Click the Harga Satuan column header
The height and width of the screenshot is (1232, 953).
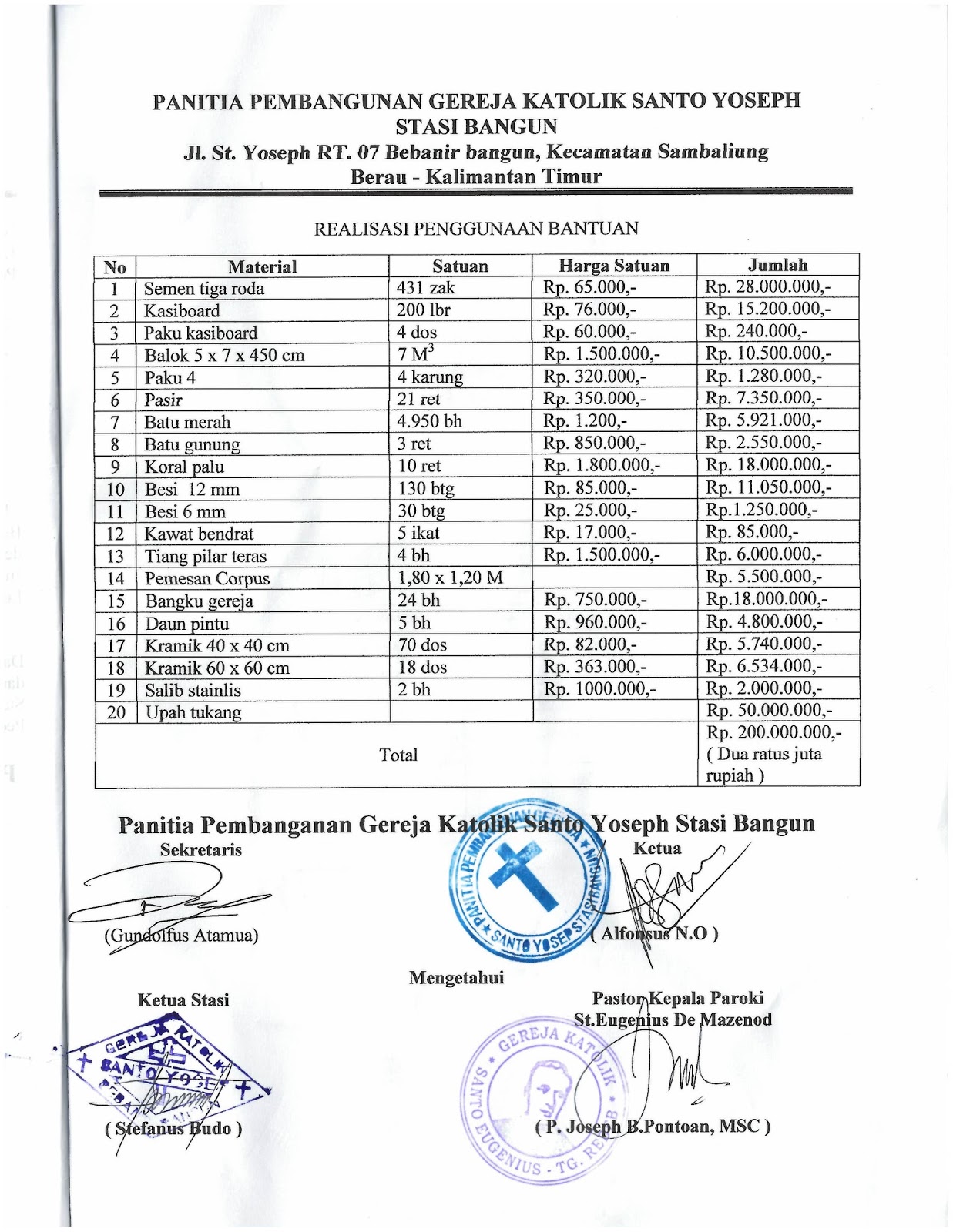click(x=613, y=266)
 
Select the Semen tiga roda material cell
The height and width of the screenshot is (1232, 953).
click(x=204, y=289)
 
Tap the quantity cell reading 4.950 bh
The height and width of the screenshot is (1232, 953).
click(x=429, y=421)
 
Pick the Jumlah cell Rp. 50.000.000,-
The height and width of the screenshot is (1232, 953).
click(x=769, y=710)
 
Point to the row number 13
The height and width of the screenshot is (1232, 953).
click(x=116, y=556)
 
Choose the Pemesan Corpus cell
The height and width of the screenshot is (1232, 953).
click(x=207, y=578)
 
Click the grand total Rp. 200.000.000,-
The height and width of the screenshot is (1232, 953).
click(x=773, y=732)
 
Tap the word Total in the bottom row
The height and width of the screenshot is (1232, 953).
click(x=398, y=755)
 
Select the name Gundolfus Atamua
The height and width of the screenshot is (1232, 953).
click(x=181, y=936)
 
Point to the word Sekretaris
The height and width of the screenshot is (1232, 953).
click(x=200, y=850)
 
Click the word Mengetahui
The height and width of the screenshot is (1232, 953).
click(x=456, y=978)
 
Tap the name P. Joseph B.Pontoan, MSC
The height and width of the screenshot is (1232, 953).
click(x=653, y=1127)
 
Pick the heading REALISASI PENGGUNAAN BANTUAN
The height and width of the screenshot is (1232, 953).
click(x=476, y=229)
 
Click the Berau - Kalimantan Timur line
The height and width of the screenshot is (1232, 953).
click(x=475, y=176)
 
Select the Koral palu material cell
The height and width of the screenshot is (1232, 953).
click(x=184, y=467)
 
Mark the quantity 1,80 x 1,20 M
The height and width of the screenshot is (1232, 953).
click(x=450, y=577)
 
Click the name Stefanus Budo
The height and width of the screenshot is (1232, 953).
click(x=173, y=1129)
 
